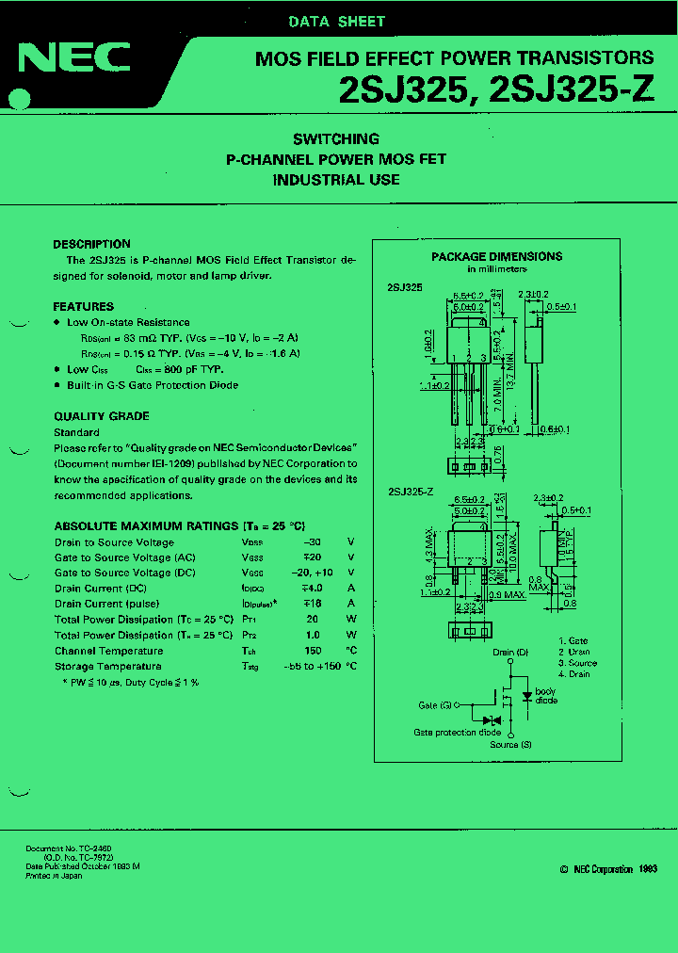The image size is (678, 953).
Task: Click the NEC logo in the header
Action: point(74,58)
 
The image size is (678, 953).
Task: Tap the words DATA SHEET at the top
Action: point(336,21)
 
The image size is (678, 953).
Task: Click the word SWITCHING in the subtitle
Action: point(336,138)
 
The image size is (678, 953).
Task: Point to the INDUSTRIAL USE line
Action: point(336,180)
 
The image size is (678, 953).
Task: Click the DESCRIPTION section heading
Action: point(91,244)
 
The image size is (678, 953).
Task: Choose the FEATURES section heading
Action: point(84,306)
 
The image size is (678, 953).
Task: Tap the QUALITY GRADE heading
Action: point(102,416)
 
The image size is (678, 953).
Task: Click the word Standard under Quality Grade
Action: point(76,432)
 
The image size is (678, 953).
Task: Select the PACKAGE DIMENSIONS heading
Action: point(496,256)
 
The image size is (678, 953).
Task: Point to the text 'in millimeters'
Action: point(497,269)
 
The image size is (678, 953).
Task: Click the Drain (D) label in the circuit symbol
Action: point(510,653)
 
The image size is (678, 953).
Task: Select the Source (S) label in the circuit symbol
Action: point(510,745)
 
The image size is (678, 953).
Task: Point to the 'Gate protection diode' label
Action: point(457,732)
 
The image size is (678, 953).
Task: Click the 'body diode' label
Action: point(546,695)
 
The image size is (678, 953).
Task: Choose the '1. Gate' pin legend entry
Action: point(572,639)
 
